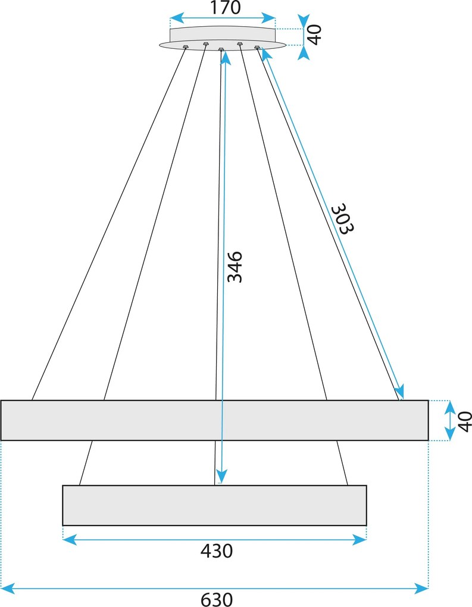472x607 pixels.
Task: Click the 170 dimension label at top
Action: [225, 7]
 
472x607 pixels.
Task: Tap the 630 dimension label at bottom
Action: [217, 600]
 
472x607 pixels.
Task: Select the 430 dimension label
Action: [217, 551]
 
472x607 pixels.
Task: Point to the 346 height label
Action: [235, 267]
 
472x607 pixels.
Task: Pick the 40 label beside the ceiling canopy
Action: [315, 35]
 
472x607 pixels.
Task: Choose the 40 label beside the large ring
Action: [465, 421]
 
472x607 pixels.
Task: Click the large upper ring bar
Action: [214, 420]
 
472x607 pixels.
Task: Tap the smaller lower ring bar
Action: [214, 505]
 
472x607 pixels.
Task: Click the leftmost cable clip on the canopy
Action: [186, 47]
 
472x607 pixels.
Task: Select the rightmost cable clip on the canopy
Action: [257, 47]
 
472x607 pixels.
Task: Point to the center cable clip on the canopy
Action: [221, 49]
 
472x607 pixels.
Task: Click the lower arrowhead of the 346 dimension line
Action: [221, 477]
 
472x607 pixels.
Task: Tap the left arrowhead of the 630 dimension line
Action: [8, 589]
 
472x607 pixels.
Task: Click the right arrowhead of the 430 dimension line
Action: [360, 539]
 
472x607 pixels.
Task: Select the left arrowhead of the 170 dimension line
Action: [177, 18]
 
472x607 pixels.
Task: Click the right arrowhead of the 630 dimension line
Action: [421, 589]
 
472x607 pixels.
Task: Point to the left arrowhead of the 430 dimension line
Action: [70, 539]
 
